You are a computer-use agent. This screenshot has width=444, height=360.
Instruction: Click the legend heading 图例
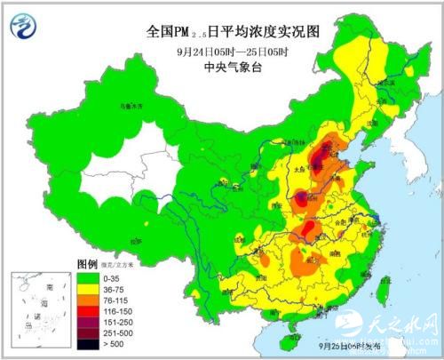[x=86, y=265]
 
